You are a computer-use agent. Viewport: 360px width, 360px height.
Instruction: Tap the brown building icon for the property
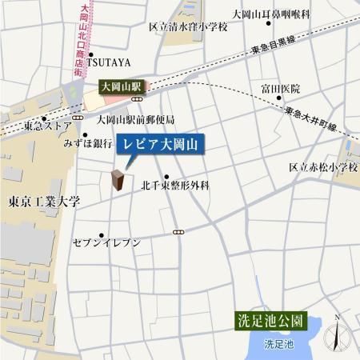click(118, 181)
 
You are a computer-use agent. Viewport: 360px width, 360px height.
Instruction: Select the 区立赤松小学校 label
click(323, 167)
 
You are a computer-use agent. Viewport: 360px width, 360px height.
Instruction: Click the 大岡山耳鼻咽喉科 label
click(270, 14)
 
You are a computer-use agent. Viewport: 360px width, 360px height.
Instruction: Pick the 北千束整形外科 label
click(175, 185)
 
